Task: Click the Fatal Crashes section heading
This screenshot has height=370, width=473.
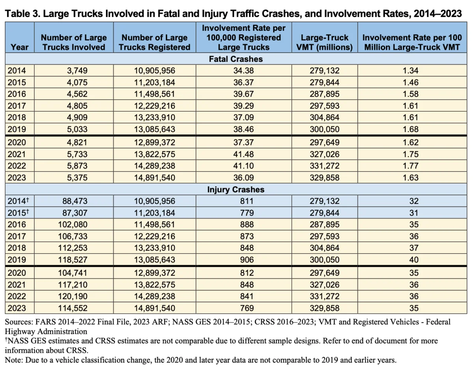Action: [x=236, y=59]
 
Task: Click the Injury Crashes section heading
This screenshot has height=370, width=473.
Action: [x=236, y=189]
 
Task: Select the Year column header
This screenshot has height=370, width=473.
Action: [x=20, y=47]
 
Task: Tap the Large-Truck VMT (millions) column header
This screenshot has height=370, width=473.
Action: [x=324, y=42]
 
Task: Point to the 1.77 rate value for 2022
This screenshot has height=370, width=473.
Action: [x=411, y=166]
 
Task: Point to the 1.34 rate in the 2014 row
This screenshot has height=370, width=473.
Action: [x=411, y=71]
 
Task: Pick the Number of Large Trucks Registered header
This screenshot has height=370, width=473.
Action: [x=155, y=42]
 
